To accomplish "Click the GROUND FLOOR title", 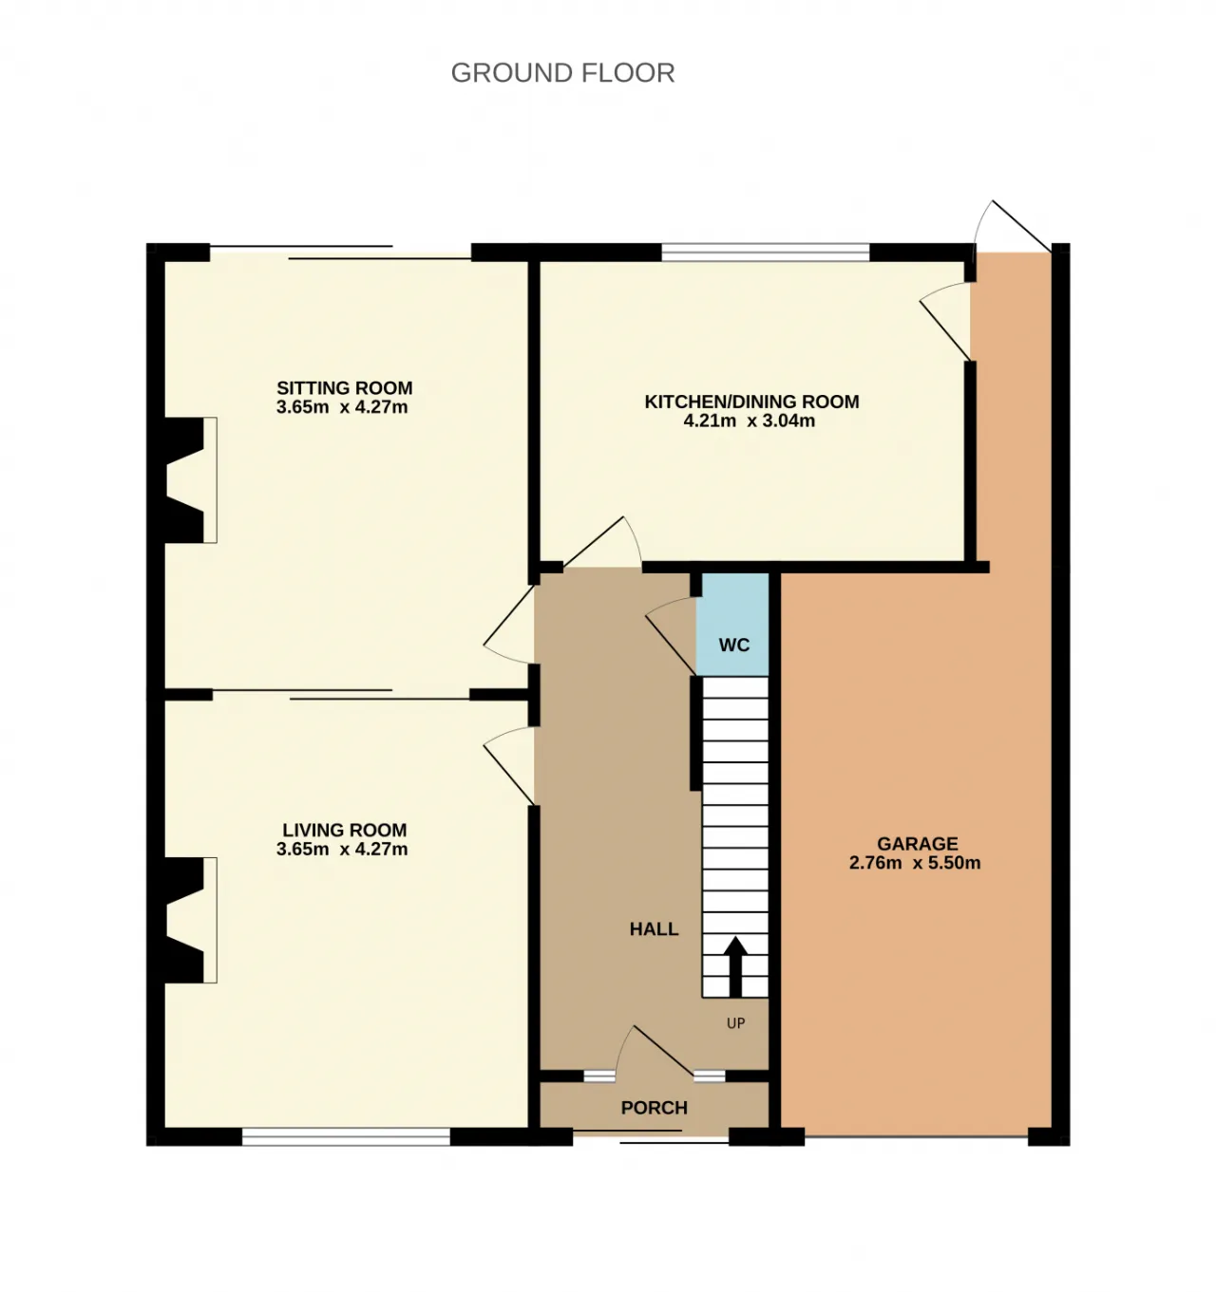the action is [x=562, y=73].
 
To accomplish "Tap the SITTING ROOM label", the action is [x=345, y=387].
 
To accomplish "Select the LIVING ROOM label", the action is [x=345, y=830].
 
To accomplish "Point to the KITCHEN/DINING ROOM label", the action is [x=751, y=402].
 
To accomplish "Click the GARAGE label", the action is [x=917, y=844].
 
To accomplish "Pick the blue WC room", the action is [x=732, y=625].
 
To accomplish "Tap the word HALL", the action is [x=654, y=929].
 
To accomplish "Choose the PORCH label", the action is [x=654, y=1108].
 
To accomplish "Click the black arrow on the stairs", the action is [x=735, y=966].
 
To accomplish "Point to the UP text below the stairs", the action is [x=735, y=1023].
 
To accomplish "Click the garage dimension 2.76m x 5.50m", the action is [x=915, y=863].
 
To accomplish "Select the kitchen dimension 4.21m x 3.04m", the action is [x=749, y=421].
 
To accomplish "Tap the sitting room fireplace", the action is [x=190, y=480].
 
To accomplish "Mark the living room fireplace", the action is [x=190, y=920].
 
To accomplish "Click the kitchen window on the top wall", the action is [x=766, y=252].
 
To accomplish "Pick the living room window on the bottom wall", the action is [x=346, y=1136].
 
